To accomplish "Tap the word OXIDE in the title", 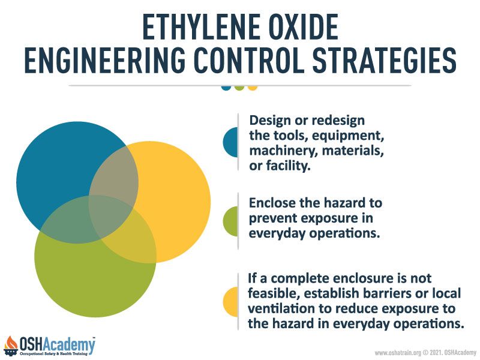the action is pos(304,26).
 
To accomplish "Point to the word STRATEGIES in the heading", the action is pos(384,61).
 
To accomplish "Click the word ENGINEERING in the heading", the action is pos(105,61).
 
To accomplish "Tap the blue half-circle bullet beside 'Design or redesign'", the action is pos(230,142).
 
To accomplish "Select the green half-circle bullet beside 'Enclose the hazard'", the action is pos(230,221).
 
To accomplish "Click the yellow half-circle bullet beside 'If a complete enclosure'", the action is pos(230,302).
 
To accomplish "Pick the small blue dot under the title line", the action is pos(226,88).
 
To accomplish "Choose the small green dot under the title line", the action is pos(239,88).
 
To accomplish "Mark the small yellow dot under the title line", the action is pos(253,88).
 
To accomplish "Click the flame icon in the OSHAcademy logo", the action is pos(11,346).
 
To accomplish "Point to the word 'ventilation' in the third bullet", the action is pos(281,308).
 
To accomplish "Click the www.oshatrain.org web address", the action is pos(398,353).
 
